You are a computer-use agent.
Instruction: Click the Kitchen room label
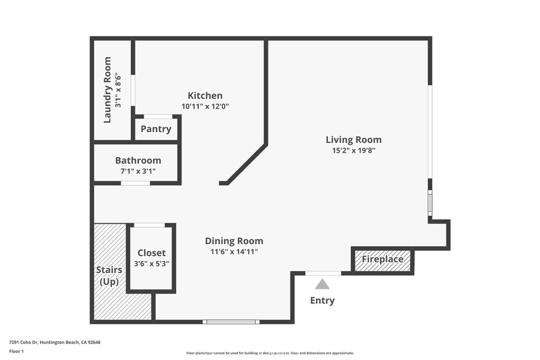pos(205,95)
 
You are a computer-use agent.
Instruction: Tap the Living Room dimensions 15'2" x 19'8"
pos(354,150)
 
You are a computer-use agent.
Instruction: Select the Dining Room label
pos(234,241)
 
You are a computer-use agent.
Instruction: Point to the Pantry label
pos(156,129)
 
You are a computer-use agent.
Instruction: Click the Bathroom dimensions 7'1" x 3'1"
pos(138,171)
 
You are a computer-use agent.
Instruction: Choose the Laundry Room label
pos(108,90)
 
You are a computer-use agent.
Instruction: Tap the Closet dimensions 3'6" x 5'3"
pos(151,264)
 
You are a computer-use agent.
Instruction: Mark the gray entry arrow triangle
pos(322,284)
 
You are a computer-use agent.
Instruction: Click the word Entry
pos(322,300)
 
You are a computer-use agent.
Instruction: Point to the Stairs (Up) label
pos(109,276)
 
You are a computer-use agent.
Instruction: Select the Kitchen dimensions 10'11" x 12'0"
pos(205,106)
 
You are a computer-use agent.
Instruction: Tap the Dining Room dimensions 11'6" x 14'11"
pos(234,251)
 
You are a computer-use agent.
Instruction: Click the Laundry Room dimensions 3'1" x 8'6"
pos(118,90)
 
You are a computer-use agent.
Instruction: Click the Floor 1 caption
pos(16,352)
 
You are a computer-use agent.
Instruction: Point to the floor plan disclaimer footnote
pos(270,353)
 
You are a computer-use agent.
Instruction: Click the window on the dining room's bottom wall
pos(231,322)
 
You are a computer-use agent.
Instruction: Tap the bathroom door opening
pos(136,183)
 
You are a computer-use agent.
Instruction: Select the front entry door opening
pos(323,273)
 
